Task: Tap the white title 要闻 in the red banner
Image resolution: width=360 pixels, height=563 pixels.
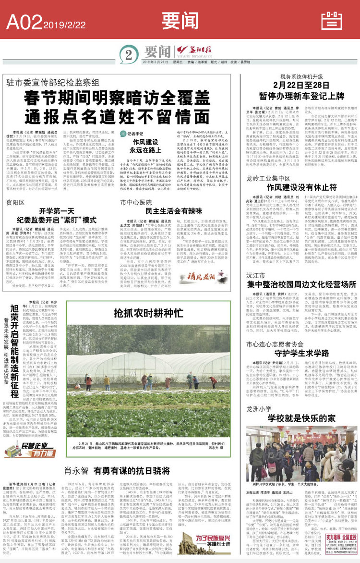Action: [180, 21]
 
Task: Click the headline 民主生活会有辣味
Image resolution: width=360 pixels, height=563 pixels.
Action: [159, 210]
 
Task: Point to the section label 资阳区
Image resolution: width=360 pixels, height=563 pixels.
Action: [15, 202]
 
